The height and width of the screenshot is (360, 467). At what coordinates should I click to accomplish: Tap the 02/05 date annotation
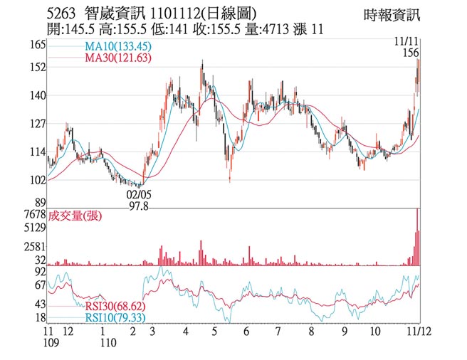140,194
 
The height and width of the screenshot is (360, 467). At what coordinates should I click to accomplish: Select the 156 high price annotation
409,53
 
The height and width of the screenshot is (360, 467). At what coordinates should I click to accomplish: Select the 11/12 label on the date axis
416,332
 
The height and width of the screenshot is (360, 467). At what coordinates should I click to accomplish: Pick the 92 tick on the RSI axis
39,272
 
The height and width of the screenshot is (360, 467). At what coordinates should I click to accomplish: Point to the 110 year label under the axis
107,343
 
